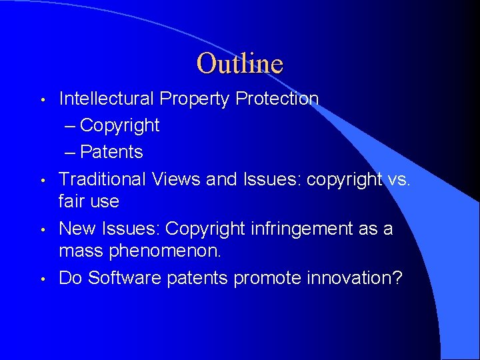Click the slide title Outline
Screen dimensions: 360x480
coord(240,63)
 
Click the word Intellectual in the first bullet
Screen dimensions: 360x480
coord(107,99)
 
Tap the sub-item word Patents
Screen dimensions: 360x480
coord(111,152)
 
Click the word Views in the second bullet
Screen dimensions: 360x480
coord(176,179)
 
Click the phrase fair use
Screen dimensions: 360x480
coord(89,201)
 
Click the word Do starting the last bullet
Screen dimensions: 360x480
coord(70,277)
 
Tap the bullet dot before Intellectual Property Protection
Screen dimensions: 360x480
coord(42,100)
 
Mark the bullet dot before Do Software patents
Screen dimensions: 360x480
coord(42,279)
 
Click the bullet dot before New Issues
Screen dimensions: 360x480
coord(42,230)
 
